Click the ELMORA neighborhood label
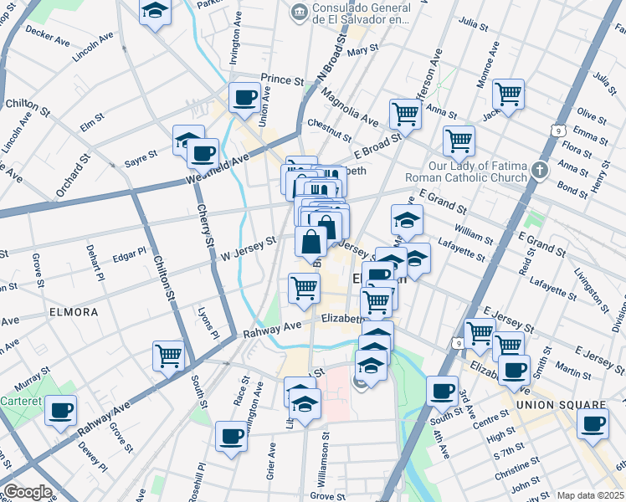tap(73, 312)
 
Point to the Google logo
tap(28, 492)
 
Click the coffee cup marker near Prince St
tap(245, 97)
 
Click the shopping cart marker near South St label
tap(168, 356)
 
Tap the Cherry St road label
tap(203, 227)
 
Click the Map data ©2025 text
tap(589, 495)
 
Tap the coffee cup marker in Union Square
tap(593, 423)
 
